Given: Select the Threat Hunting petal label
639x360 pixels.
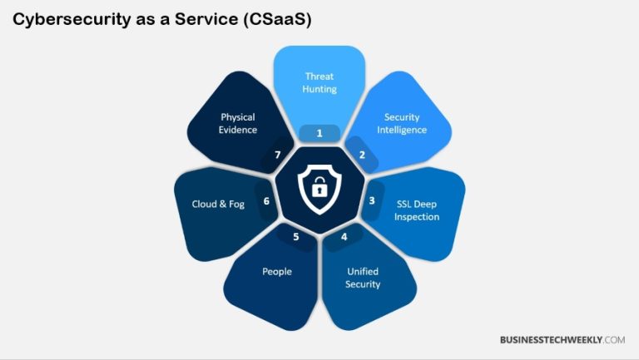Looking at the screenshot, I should (x=319, y=82).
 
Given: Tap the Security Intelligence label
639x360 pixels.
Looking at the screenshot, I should (x=405, y=123).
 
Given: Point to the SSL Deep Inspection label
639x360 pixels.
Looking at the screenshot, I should (x=417, y=210).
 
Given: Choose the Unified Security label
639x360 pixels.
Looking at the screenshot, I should (x=363, y=278).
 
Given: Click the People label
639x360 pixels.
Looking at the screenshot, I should (x=277, y=272).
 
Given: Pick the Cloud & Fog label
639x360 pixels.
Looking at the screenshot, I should (x=217, y=204).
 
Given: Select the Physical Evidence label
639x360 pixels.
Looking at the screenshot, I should (x=239, y=123).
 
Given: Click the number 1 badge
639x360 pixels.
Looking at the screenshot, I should (x=319, y=133).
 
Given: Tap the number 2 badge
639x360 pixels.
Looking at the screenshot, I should (x=362, y=155).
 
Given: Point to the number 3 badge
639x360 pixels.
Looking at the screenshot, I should (x=372, y=200).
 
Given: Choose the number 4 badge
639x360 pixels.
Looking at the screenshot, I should (x=344, y=237).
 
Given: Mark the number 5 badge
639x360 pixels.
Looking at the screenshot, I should (x=295, y=237).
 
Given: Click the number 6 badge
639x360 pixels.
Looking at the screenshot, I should (x=266, y=200).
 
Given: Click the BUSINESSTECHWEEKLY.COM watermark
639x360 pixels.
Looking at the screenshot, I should (x=562, y=340).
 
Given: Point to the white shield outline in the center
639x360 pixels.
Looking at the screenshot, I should (x=319, y=170).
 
